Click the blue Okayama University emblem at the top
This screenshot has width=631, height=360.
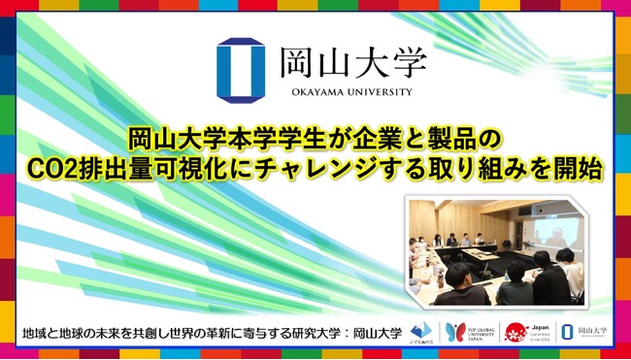click(235, 70)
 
